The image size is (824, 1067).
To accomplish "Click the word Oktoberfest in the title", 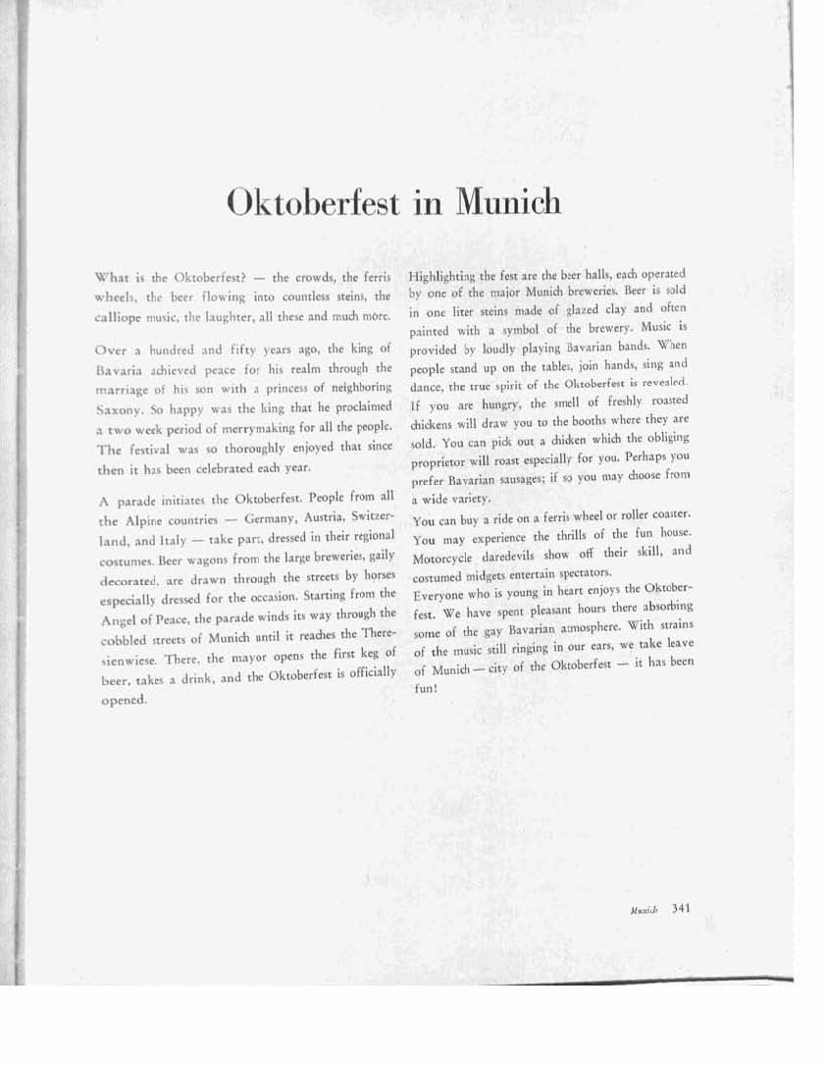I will pyautogui.click(x=313, y=202).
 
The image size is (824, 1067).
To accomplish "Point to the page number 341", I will pyautogui.click(x=682, y=908).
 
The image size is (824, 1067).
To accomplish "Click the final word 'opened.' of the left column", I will pyautogui.click(x=123, y=701).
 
